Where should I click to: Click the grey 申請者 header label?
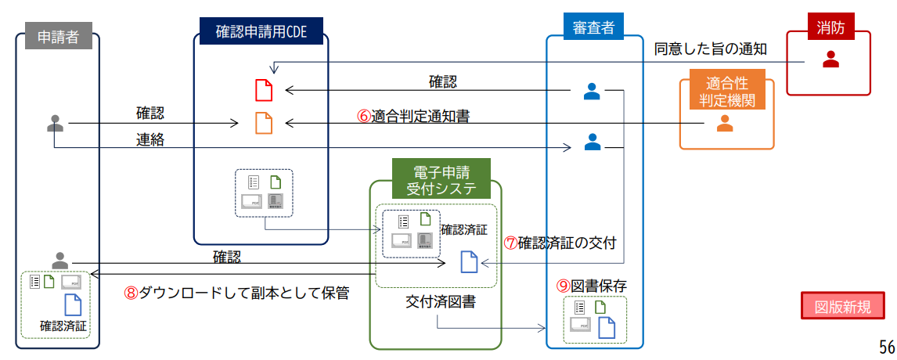point(58,37)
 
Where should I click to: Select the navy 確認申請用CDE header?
point(261,32)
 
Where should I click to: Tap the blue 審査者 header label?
point(593,28)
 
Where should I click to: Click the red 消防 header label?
point(830,27)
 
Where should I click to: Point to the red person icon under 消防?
point(830,59)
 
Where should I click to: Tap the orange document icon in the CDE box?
point(264,123)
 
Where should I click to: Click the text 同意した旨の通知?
point(710,49)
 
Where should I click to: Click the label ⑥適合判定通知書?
point(413,116)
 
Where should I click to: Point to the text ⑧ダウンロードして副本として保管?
point(236,293)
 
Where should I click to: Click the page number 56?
point(886,347)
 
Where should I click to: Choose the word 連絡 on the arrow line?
point(150,139)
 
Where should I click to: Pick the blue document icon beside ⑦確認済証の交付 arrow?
point(469,261)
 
